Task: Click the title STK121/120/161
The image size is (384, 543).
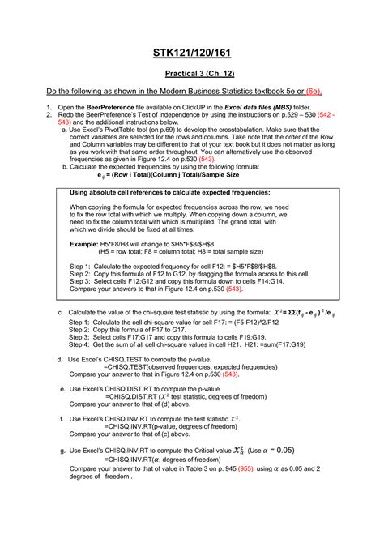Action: [x=191, y=53]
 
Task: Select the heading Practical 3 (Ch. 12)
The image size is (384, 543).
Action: [x=191, y=74]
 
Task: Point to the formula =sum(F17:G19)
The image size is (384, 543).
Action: [x=294, y=344]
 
